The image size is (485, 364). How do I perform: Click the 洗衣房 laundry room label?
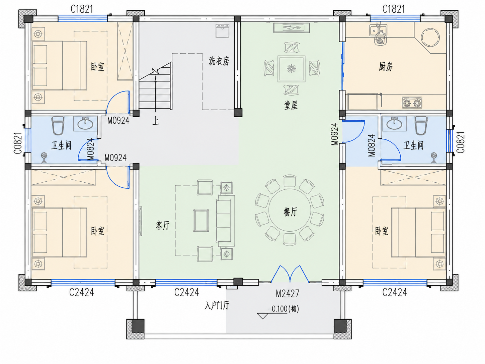click(x=219, y=61)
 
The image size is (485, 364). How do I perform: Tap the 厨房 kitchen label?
click(x=386, y=66)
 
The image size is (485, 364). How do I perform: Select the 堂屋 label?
click(x=291, y=105)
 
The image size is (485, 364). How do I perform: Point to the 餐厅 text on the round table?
click(x=290, y=212)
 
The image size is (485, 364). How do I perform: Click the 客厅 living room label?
click(x=163, y=226)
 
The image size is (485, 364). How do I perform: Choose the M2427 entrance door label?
click(x=288, y=294)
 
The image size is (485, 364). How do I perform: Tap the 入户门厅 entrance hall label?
click(x=217, y=306)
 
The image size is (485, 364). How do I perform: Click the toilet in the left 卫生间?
click(x=58, y=125)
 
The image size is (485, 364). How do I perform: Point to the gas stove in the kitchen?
click(x=412, y=103)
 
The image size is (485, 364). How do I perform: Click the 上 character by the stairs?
click(x=156, y=121)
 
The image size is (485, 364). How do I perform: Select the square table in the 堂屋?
click(x=292, y=69)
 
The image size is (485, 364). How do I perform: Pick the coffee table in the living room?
click(x=201, y=221)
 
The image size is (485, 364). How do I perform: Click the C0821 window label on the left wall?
click(x=18, y=143)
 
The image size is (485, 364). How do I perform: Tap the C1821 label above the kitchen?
click(x=394, y=9)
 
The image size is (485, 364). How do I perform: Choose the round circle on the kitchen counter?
click(x=430, y=38)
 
